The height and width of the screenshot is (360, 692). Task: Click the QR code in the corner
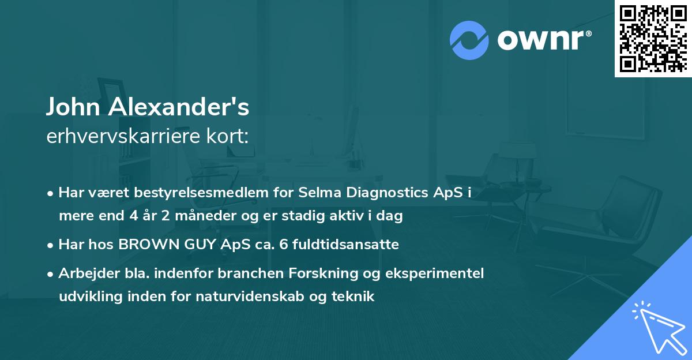(x=653, y=38)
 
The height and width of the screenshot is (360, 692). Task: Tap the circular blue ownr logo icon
(x=469, y=40)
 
